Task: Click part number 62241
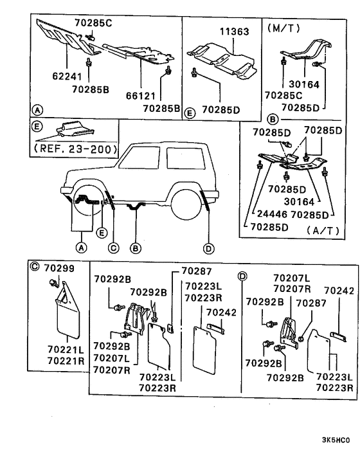click(x=67, y=76)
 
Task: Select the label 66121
click(x=141, y=96)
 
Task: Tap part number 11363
click(x=235, y=32)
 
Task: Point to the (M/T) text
click(x=283, y=28)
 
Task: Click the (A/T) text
click(x=323, y=230)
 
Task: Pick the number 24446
click(x=272, y=214)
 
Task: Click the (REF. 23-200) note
click(x=75, y=149)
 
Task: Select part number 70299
click(x=59, y=268)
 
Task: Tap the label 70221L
click(x=66, y=349)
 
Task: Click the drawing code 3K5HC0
click(x=336, y=440)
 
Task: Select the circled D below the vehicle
click(x=209, y=248)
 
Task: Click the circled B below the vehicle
click(x=136, y=248)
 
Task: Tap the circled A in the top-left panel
click(x=37, y=111)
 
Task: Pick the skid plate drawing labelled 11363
click(x=222, y=61)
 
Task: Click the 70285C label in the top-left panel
click(x=93, y=23)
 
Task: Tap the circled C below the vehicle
click(x=113, y=248)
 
